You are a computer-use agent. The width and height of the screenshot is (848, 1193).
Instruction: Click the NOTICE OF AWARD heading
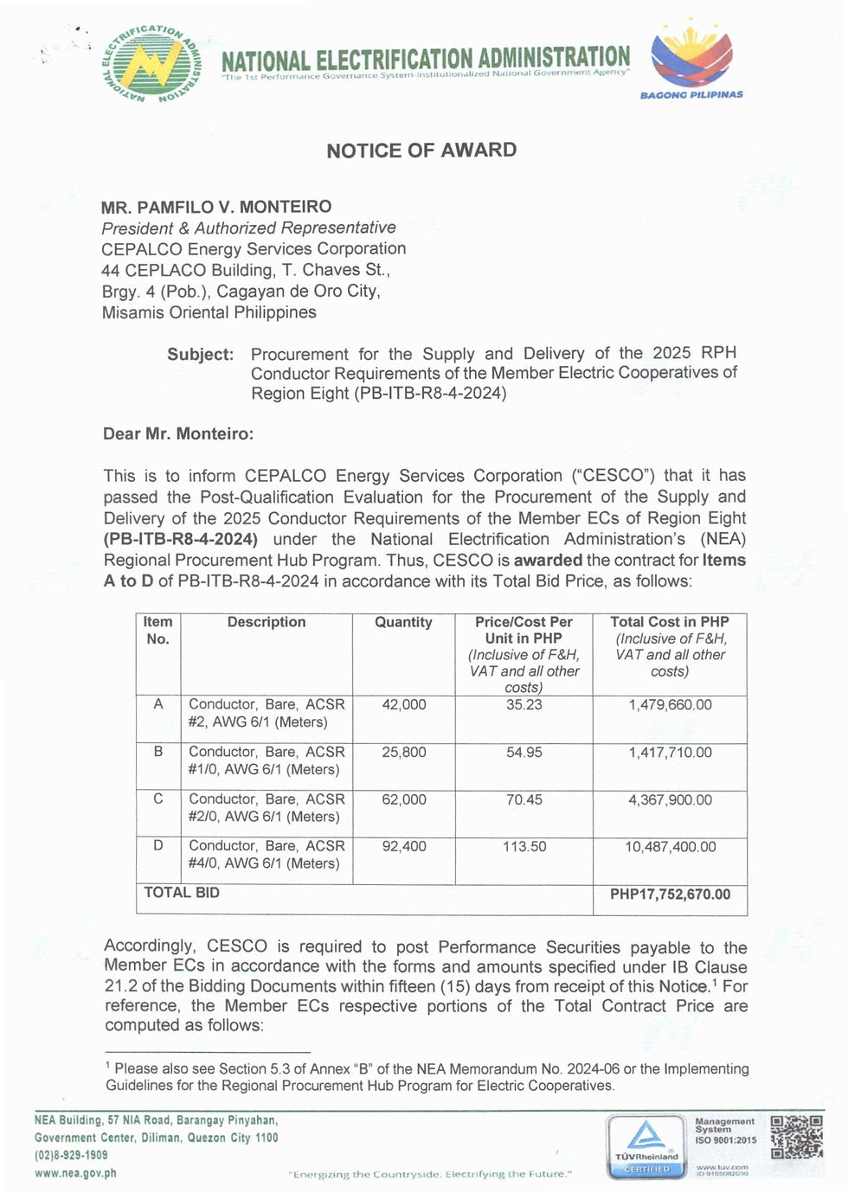[x=421, y=151]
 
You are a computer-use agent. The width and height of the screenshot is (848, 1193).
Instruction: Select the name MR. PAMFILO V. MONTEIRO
[x=216, y=207]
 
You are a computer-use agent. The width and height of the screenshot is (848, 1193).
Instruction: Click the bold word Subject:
[x=200, y=355]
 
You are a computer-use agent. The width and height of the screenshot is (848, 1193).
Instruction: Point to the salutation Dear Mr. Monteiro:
[x=178, y=434]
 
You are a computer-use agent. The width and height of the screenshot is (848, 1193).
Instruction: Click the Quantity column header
[x=403, y=622]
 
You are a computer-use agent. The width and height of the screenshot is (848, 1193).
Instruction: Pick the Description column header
[x=267, y=622]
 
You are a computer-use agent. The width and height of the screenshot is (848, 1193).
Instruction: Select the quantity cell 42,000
[x=404, y=705]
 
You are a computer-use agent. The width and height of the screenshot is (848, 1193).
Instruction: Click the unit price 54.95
[x=524, y=753]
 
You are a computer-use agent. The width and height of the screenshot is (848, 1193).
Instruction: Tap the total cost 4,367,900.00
[x=670, y=800]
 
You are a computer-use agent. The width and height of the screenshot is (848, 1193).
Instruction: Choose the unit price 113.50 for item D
[x=524, y=847]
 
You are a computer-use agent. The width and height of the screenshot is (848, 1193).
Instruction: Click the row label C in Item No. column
[x=158, y=799]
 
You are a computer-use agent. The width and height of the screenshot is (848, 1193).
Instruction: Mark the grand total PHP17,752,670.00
[x=670, y=895]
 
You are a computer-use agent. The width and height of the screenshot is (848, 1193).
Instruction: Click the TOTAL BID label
[x=182, y=893]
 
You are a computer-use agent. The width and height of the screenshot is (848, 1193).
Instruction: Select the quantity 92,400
[x=404, y=847]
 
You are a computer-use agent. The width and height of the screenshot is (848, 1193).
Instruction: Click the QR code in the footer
[x=796, y=1137]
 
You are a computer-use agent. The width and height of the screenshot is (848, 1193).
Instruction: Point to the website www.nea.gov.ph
[x=75, y=1174]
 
